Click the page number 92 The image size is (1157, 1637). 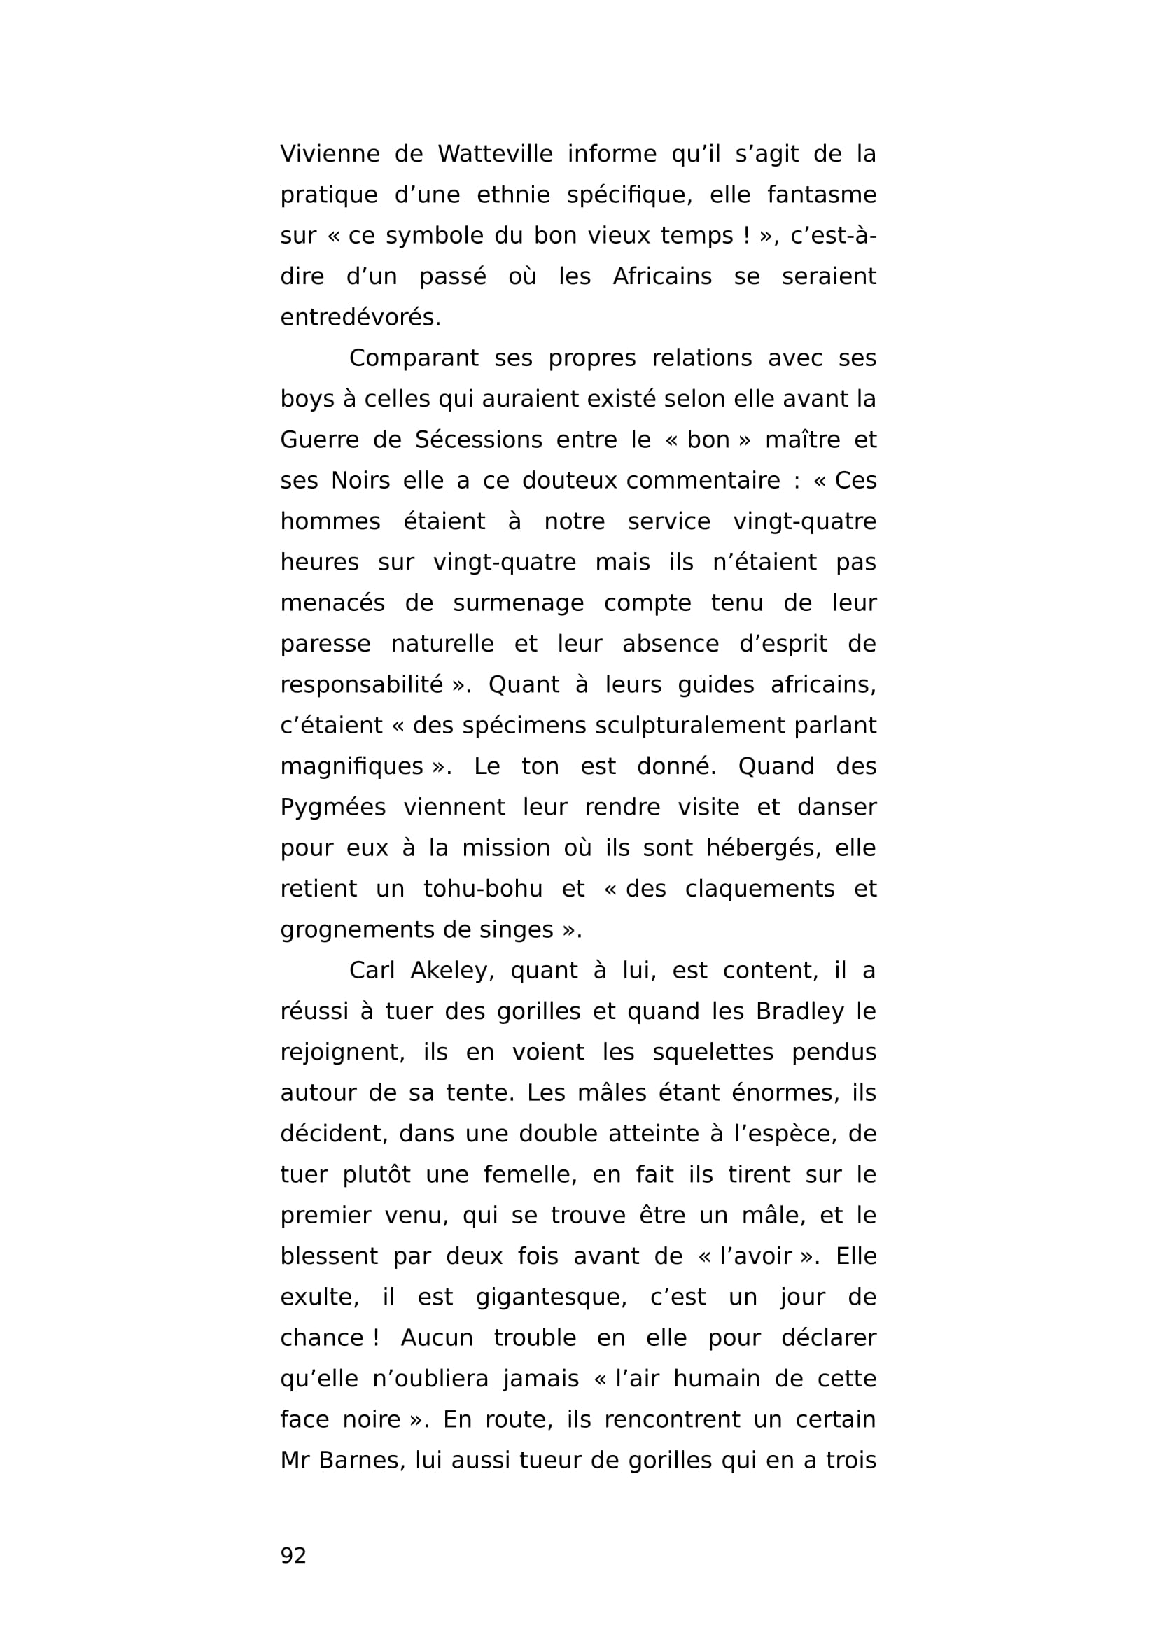pos(293,1555)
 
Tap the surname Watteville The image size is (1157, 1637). pos(495,154)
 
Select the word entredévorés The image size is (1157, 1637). pos(360,317)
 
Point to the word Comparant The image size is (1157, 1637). pos(414,358)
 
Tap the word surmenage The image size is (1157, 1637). pos(518,603)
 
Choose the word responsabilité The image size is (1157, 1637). pos(361,685)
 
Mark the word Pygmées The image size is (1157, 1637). pos(333,808)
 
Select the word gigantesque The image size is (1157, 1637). pos(551,1297)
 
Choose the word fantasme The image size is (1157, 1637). pos(821,195)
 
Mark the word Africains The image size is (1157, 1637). pos(662,276)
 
